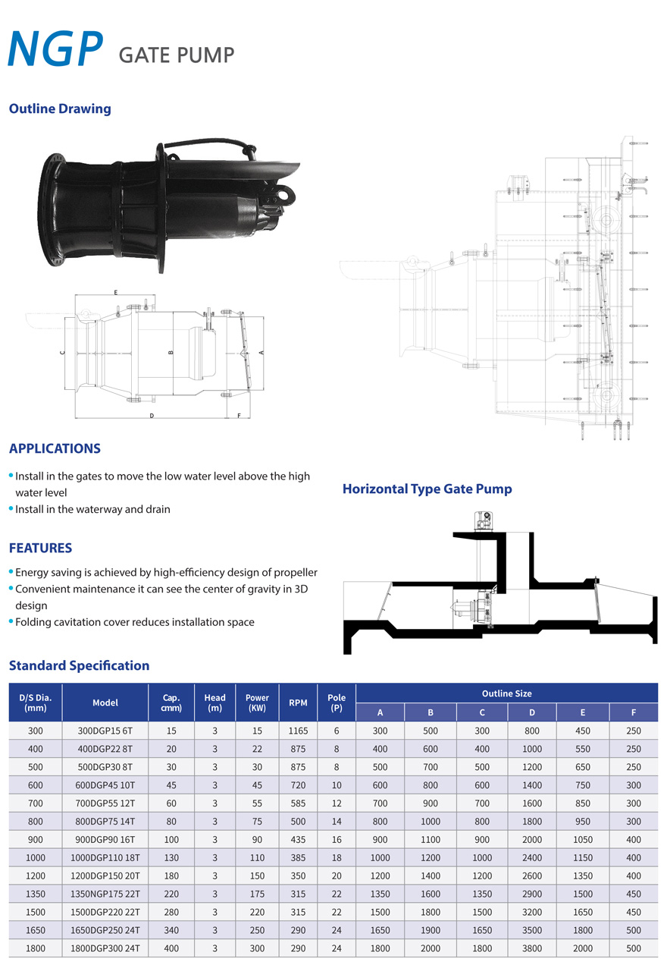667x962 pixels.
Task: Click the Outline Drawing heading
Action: pyautogui.click(x=60, y=108)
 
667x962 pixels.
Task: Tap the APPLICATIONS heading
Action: pyautogui.click(x=55, y=448)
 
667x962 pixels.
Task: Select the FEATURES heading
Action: pyautogui.click(x=40, y=548)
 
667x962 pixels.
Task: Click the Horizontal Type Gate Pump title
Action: pyautogui.click(x=427, y=489)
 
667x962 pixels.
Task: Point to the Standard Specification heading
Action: pyautogui.click(x=79, y=665)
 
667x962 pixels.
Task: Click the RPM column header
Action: pyautogui.click(x=298, y=703)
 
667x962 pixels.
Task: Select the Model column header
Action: pyautogui.click(x=105, y=703)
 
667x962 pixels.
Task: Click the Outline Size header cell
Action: pyautogui.click(x=506, y=693)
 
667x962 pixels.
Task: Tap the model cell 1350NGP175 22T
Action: pyautogui.click(x=105, y=894)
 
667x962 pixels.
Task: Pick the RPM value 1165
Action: pyautogui.click(x=298, y=731)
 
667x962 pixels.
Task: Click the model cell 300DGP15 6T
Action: pyautogui.click(x=105, y=731)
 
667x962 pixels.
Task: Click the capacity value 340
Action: pyautogui.click(x=171, y=930)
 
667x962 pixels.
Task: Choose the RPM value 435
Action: pyautogui.click(x=298, y=839)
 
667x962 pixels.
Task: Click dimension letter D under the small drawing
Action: pyautogui.click(x=152, y=416)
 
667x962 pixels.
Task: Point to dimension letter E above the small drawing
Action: pyautogui.click(x=115, y=291)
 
